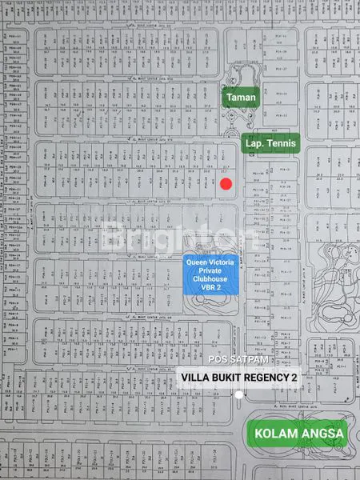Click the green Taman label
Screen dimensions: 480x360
tap(240, 98)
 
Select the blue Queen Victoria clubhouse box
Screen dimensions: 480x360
tap(210, 276)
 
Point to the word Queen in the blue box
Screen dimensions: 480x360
tap(198, 262)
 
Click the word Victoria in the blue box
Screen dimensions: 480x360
tap(223, 262)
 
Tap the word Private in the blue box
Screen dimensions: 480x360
tap(210, 270)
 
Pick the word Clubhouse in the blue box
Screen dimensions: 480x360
tap(210, 280)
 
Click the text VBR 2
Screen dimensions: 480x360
tap(210, 290)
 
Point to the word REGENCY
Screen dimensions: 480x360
tap(270, 377)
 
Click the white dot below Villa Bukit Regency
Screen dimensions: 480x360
tap(239, 395)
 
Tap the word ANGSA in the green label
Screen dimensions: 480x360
tap(322, 434)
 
